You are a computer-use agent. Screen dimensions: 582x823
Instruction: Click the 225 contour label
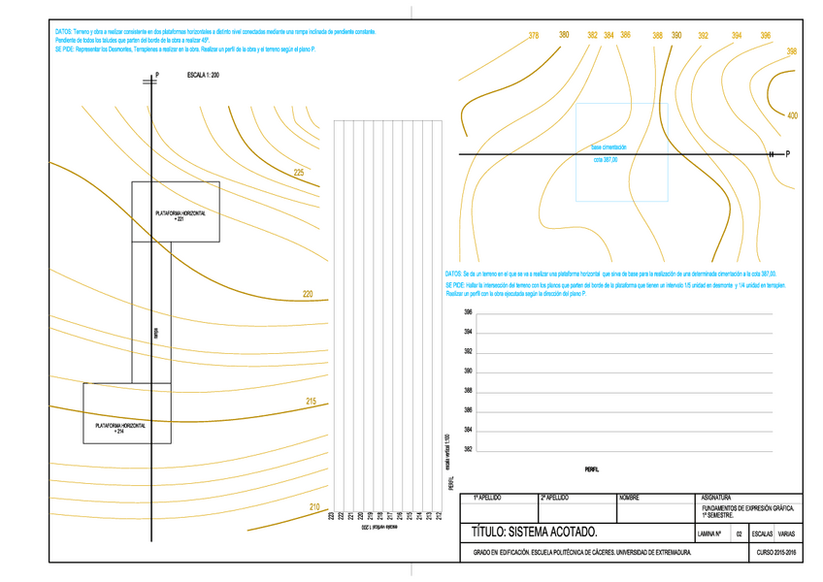(299, 173)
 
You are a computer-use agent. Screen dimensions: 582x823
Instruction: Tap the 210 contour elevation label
(314, 507)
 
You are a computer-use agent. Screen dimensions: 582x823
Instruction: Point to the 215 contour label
(311, 402)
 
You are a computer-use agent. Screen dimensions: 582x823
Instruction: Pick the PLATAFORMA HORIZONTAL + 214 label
(120, 428)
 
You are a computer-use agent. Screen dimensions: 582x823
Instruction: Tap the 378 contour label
(534, 36)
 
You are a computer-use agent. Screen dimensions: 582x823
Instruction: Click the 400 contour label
(793, 116)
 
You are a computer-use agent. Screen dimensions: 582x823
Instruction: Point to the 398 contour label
(792, 51)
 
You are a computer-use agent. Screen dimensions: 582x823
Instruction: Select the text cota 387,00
(605, 160)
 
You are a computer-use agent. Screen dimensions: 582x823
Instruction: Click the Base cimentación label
(609, 146)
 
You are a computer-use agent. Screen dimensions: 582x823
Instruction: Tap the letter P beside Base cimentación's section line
(788, 154)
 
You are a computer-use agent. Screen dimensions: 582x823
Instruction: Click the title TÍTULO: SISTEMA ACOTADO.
(528, 533)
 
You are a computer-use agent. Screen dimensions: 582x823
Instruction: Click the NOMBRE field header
(629, 498)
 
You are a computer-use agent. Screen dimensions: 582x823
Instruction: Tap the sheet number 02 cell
(739, 533)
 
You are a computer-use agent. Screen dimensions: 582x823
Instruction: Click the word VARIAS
(787, 533)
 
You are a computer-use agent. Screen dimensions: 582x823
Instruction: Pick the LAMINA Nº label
(713, 533)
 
